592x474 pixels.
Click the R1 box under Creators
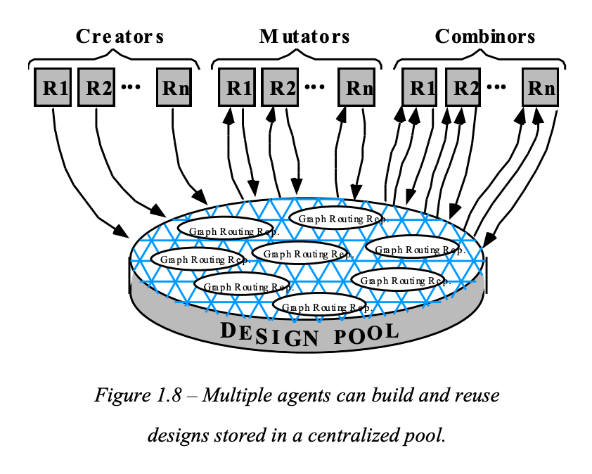[53, 88]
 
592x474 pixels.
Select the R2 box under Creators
[96, 88]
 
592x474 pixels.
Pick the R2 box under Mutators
[280, 88]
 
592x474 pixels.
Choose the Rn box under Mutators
[357, 88]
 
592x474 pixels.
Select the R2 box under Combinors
[463, 88]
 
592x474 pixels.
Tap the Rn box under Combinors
[541, 88]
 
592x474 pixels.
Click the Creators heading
[120, 37]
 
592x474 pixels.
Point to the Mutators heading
[304, 37]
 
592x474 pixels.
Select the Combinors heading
[485, 37]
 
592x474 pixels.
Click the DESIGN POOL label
[309, 333]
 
